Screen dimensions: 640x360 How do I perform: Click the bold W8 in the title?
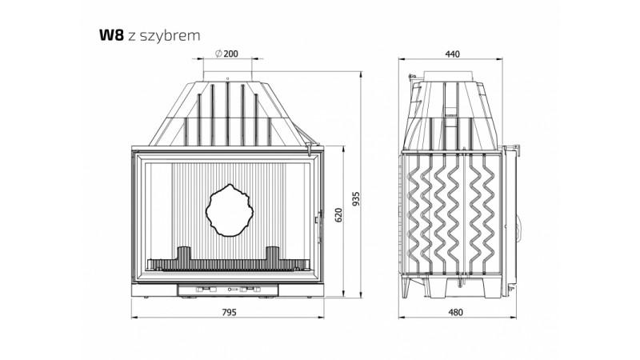[111, 35]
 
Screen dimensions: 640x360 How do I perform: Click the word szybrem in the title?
[170, 36]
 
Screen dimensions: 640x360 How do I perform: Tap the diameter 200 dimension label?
[226, 54]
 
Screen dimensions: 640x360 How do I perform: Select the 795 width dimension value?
[229, 312]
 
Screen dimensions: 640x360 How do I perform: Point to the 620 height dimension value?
[338, 214]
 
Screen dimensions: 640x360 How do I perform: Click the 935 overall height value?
[356, 198]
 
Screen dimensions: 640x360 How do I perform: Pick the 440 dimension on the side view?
[452, 54]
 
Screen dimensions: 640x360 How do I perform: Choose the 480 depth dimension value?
[455, 312]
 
